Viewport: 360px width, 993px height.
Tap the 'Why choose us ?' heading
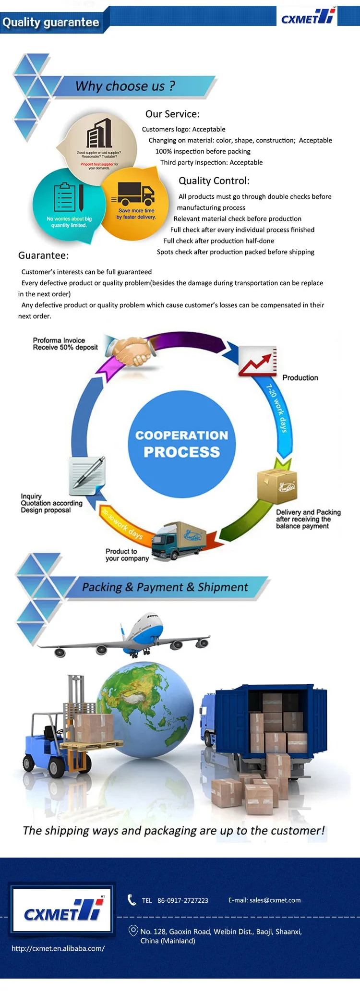[125, 86]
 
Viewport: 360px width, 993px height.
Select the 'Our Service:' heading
[172, 114]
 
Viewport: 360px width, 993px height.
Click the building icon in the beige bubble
[99, 133]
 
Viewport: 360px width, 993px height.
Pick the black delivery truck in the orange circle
[136, 194]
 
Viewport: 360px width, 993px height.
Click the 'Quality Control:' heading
[214, 181]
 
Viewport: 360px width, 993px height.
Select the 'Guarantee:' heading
[43, 255]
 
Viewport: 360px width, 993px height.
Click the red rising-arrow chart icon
[258, 362]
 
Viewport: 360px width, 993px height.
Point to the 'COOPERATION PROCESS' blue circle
[181, 444]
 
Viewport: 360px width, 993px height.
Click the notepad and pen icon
[87, 475]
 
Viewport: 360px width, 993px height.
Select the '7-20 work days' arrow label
[277, 408]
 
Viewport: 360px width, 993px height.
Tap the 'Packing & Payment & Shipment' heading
[165, 587]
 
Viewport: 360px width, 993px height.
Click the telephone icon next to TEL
[132, 900]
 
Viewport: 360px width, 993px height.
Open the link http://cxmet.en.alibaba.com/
[58, 948]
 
